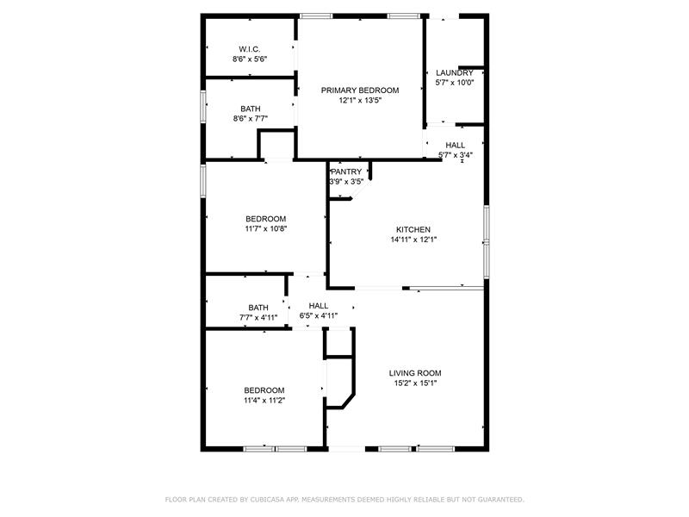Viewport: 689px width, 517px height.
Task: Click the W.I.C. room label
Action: pos(250,49)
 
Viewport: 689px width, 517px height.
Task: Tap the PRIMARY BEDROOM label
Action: pos(360,90)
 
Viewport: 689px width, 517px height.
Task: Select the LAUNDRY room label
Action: pos(455,73)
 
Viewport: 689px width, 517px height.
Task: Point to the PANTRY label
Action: pos(346,171)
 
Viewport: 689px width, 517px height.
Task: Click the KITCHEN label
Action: pos(413,229)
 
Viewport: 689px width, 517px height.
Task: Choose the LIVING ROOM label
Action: pos(415,373)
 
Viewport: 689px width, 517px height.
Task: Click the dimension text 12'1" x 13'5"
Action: pos(360,100)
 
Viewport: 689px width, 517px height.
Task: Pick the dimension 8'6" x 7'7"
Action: pos(250,118)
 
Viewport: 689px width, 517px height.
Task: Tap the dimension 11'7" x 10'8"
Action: pos(266,228)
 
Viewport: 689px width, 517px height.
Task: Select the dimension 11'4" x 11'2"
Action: pos(264,400)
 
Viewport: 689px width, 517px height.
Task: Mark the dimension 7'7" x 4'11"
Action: pos(258,317)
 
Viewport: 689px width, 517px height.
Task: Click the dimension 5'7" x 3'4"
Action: pos(456,155)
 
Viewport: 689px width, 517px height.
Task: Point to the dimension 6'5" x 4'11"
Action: pos(318,315)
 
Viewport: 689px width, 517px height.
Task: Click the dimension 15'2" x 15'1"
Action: pos(415,383)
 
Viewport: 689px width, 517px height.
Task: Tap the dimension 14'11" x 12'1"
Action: pos(413,240)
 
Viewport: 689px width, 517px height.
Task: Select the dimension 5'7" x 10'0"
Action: pos(455,83)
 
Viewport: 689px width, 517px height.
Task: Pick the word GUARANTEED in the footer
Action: pos(500,500)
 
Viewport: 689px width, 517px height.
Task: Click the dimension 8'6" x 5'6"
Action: pos(250,59)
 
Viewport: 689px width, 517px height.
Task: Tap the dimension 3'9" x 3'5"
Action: pos(346,182)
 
